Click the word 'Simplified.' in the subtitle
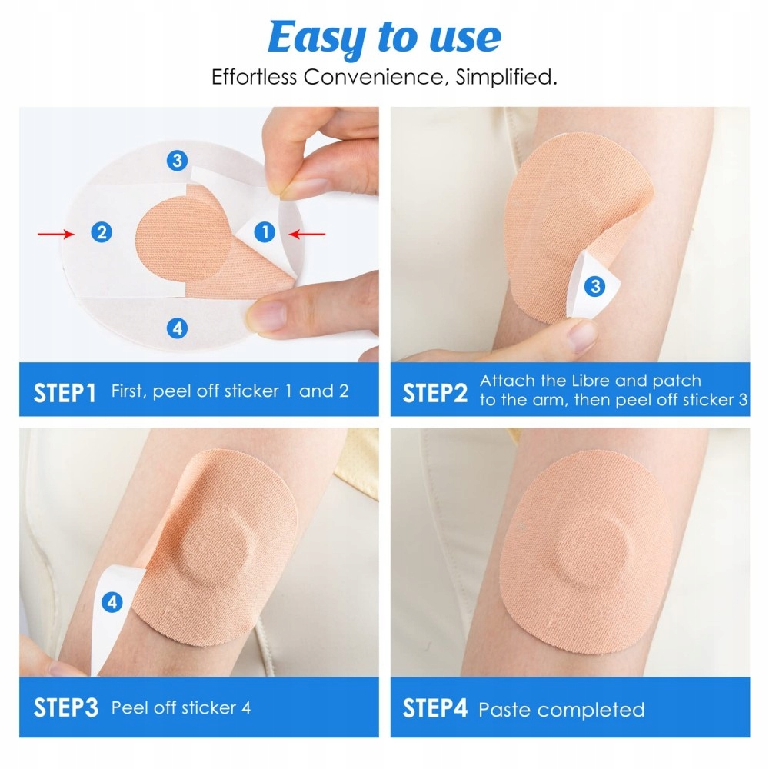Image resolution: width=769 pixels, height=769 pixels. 506,77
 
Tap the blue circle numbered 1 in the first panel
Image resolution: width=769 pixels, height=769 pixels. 265,232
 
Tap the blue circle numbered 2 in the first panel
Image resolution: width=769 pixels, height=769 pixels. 102,232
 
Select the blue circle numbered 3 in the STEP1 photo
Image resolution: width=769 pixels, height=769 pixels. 177,161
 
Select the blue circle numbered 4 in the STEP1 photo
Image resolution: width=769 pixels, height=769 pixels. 177,328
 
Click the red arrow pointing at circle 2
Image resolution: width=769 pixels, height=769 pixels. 56,235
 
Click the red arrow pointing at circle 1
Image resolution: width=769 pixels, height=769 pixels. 307,235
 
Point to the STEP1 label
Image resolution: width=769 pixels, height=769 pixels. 65,393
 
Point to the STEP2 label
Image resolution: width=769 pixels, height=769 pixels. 435,393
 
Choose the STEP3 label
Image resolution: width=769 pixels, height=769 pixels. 65,707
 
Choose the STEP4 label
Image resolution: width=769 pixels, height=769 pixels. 435,708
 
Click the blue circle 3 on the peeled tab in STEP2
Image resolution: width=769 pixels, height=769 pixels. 595,286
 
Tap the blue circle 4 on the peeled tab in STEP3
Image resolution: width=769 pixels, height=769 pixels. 112,602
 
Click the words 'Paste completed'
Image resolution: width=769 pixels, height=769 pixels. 561,710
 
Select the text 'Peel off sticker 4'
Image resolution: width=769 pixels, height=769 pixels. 181,707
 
